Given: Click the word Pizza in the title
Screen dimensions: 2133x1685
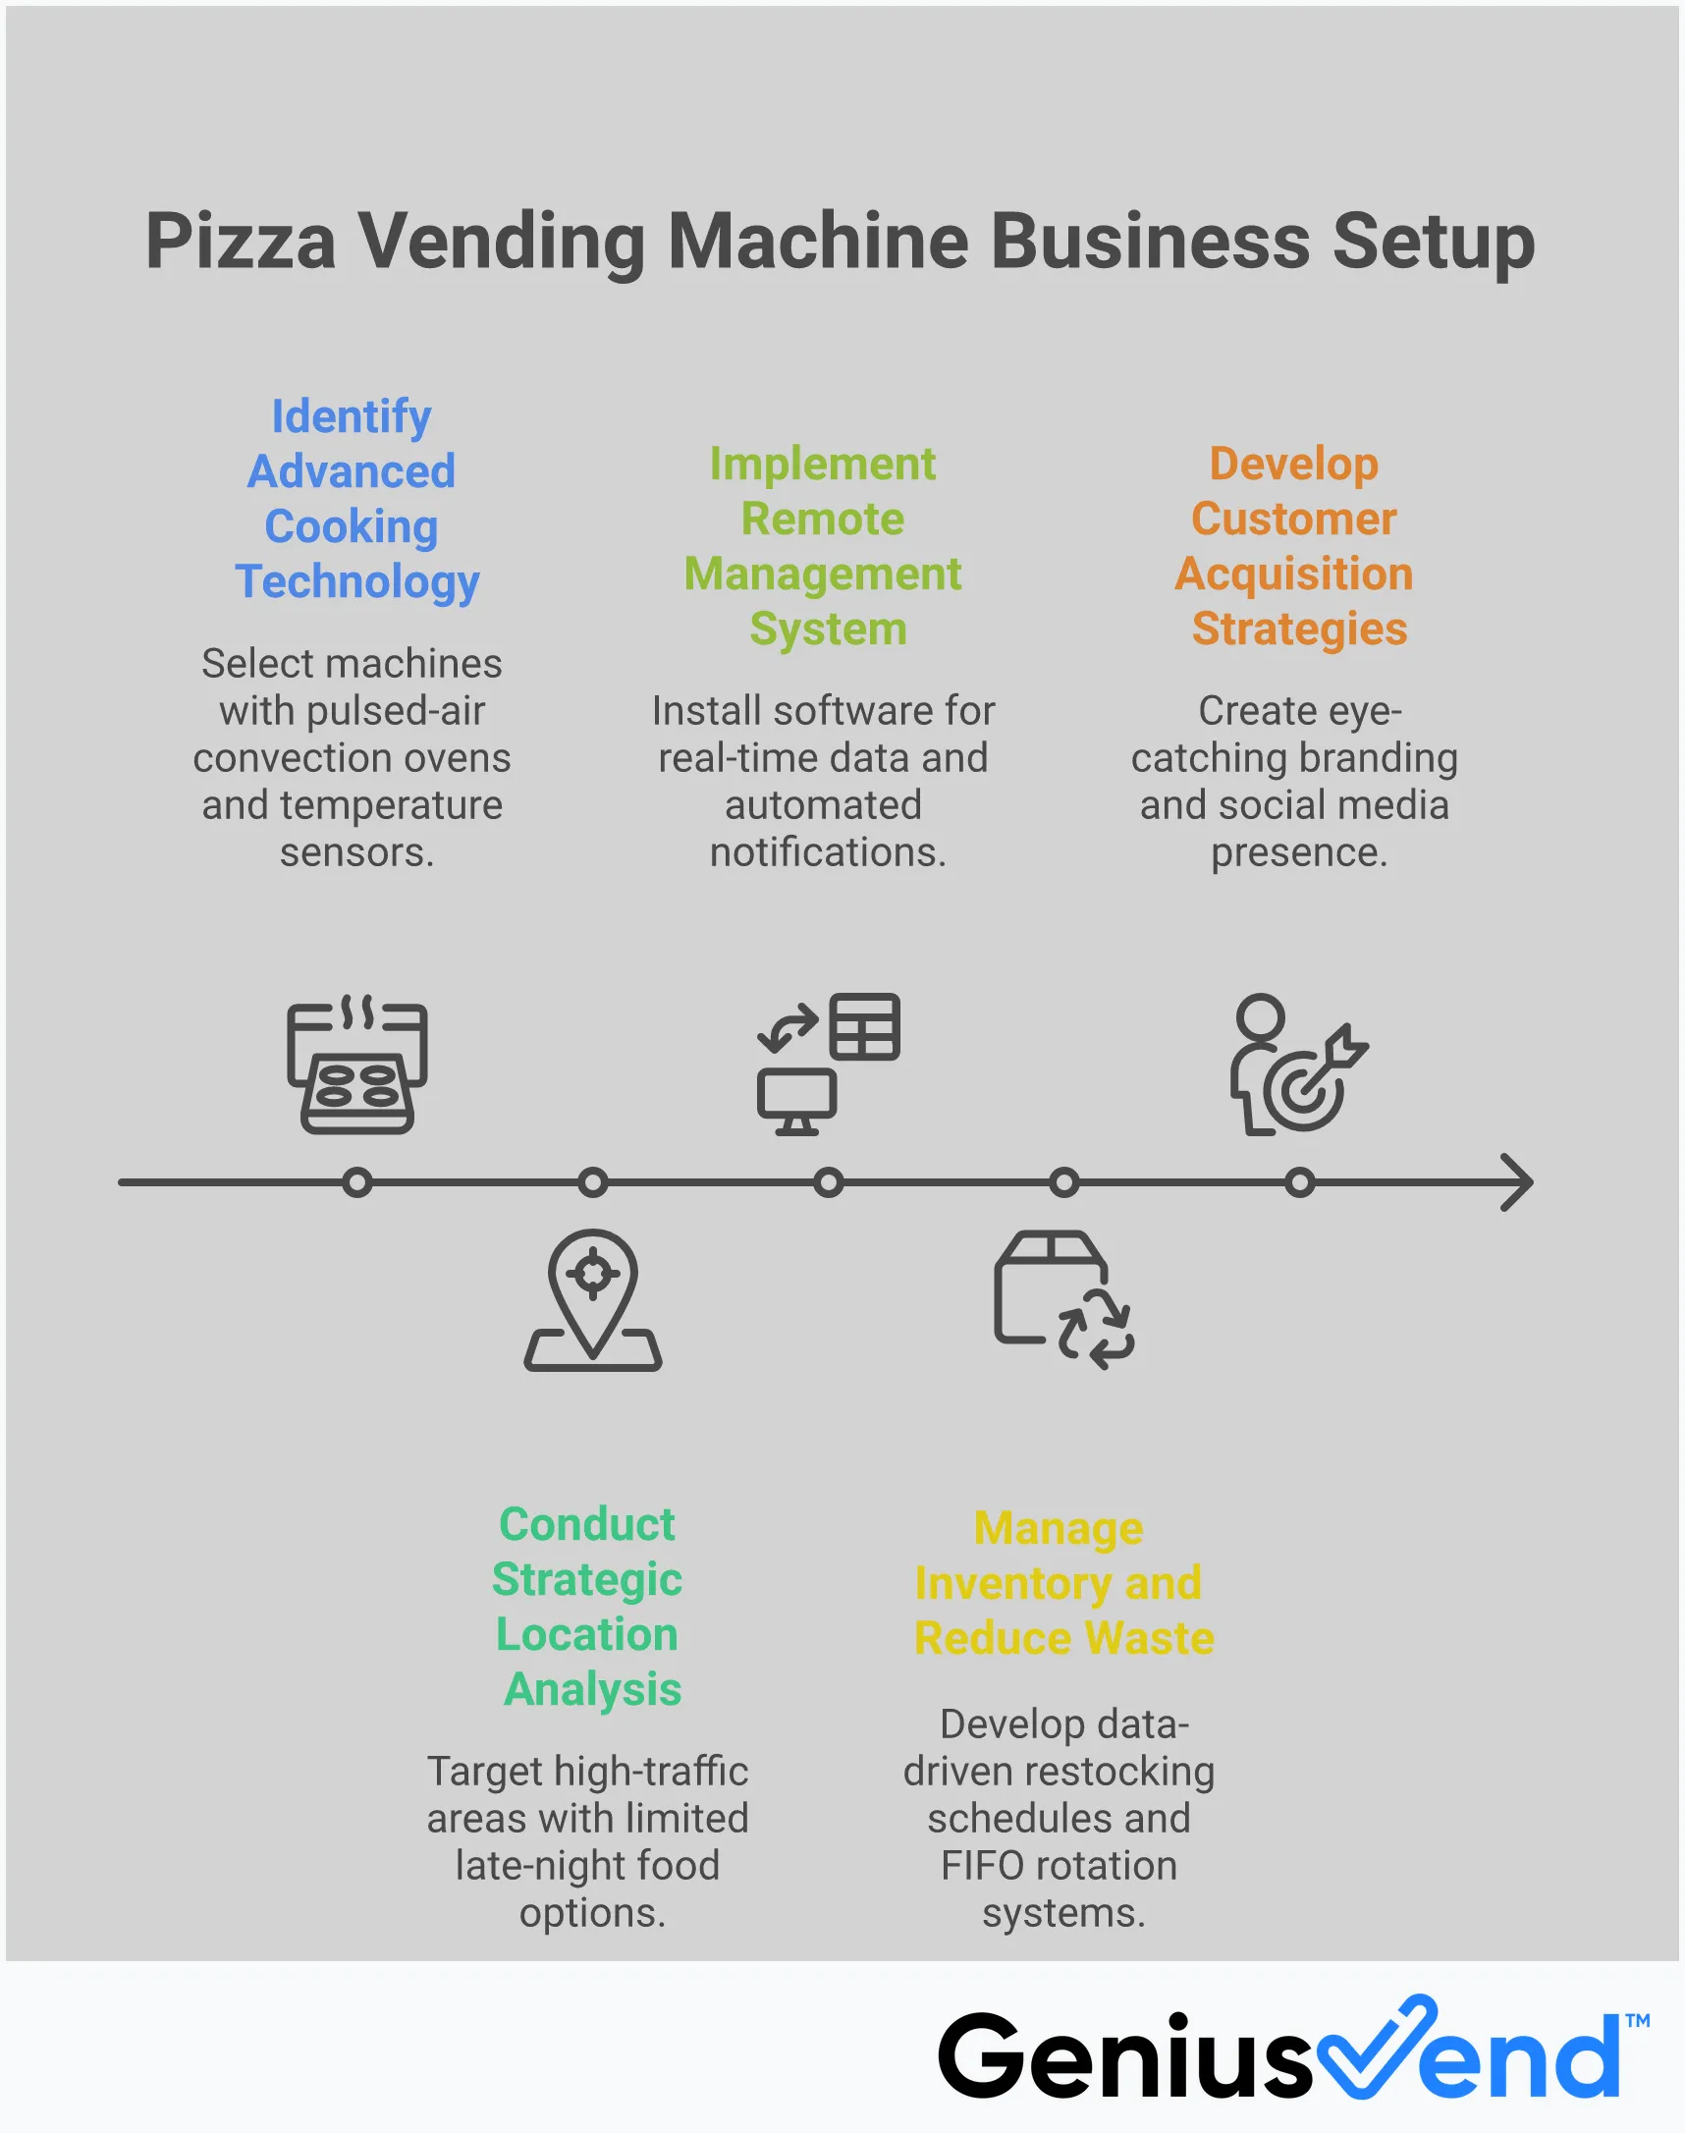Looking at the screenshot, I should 240,243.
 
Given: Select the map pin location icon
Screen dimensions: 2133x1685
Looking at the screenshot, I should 592,1299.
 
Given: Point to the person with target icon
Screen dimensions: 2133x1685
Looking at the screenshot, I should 1296,1066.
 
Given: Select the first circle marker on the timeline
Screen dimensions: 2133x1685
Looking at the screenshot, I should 357,1182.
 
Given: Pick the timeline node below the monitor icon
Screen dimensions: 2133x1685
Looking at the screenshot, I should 828,1182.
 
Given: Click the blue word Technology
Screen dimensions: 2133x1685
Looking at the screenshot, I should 357,581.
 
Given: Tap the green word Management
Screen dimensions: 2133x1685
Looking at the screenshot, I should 822,574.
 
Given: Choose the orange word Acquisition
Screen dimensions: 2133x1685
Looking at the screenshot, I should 1293,574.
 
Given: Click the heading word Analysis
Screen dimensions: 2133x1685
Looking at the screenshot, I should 592,1689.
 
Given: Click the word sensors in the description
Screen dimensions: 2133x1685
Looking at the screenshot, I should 356,852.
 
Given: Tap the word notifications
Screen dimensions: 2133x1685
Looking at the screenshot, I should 828,852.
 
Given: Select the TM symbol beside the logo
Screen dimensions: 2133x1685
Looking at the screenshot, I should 1637,2019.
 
